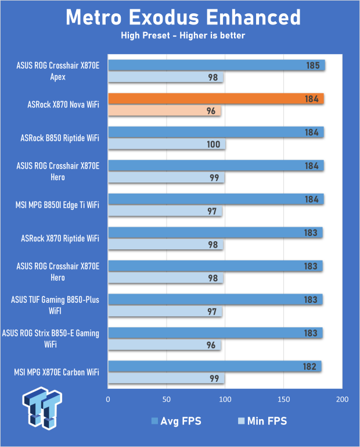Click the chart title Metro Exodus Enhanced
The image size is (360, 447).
click(183, 17)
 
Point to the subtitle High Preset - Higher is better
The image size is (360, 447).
click(183, 36)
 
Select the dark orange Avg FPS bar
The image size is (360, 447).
click(215, 99)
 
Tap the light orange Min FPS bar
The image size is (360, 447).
click(164, 110)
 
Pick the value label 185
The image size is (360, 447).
click(313, 66)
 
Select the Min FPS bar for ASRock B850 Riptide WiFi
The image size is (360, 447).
click(167, 144)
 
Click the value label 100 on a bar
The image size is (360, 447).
click(214, 144)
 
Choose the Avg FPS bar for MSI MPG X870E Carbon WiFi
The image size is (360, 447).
click(214, 366)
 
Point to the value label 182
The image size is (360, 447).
click(309, 366)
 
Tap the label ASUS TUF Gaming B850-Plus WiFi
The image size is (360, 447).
click(56, 305)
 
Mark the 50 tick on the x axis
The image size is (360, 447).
click(167, 399)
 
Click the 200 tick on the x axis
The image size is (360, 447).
click(342, 399)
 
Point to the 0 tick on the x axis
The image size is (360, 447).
click(108, 399)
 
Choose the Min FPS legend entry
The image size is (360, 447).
click(262, 421)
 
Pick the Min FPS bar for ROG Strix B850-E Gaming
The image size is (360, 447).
click(164, 345)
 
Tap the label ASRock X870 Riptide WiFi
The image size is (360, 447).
click(60, 238)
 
